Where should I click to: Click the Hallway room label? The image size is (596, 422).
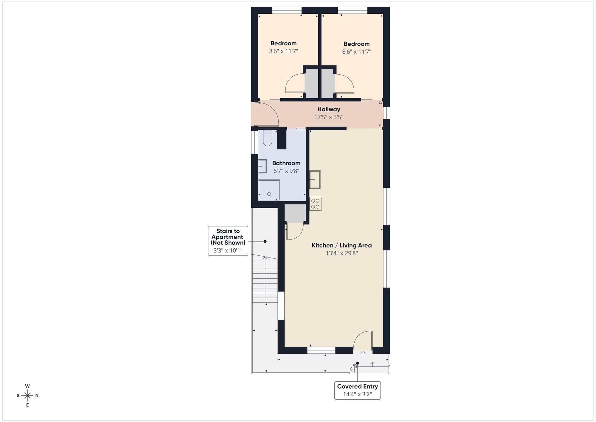[x=329, y=109]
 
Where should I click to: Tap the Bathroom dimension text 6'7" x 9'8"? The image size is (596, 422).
[x=286, y=171]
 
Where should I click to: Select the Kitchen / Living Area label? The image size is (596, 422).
[x=342, y=245]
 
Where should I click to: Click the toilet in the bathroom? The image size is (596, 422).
[x=268, y=138]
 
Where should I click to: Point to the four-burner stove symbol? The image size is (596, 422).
[x=315, y=204]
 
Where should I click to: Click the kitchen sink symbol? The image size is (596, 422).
[x=315, y=179]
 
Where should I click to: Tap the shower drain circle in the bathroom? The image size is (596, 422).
[x=269, y=194]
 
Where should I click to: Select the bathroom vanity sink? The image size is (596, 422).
[x=262, y=166]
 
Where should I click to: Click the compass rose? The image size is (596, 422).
[x=27, y=396]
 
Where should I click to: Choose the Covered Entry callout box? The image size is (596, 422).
[x=357, y=390]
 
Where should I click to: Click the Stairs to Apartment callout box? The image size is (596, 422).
[x=228, y=241]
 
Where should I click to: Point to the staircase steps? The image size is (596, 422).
[x=265, y=279]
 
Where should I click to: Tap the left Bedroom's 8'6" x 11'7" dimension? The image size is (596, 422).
[x=284, y=51]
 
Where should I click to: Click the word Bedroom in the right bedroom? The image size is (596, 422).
[x=356, y=44]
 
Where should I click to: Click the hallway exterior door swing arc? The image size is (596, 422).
[x=268, y=113]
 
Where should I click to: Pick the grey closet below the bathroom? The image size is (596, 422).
[x=295, y=213]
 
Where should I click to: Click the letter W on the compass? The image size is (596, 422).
[x=27, y=386]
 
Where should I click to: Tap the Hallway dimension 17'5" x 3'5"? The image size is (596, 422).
[x=329, y=117]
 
